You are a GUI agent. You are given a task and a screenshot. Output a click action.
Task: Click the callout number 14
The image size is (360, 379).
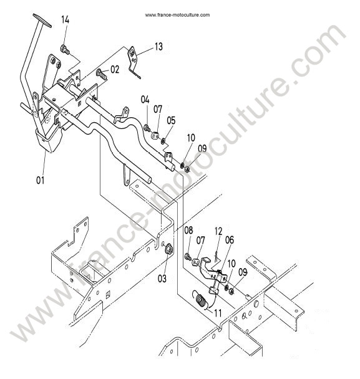pos(65,20)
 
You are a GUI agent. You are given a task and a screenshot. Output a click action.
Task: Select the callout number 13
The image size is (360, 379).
pos(158,46)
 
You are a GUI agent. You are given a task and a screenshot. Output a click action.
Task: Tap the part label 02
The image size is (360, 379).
pos(115,70)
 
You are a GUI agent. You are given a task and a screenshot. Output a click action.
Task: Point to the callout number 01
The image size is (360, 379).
pos(41,180)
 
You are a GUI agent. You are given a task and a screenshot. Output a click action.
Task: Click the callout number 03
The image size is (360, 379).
pos(162,279)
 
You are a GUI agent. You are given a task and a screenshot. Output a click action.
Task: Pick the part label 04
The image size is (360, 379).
pos(145,100)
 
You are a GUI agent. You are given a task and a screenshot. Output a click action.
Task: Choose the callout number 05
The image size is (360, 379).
pos(171,120)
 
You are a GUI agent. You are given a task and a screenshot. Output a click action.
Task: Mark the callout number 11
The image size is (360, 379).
pos(218,314)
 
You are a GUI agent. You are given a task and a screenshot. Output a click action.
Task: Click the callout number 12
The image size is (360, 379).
pos(218,231)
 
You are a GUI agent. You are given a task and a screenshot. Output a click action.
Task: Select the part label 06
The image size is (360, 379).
pos(230,240)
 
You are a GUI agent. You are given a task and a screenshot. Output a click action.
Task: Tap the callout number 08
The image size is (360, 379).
pos(188,231)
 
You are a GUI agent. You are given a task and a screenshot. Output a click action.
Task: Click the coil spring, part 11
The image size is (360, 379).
pos(200,300)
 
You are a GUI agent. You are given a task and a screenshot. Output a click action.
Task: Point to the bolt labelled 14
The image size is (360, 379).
pos(64,49)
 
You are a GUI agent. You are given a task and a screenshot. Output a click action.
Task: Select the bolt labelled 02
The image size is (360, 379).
pos(102,74)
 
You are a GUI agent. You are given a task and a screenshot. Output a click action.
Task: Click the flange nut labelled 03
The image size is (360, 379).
pos(168,249)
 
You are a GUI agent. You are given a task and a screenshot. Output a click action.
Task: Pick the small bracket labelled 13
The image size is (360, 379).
pos(133,60)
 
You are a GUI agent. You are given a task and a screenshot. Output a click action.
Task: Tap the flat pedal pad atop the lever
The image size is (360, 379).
pos(42,21)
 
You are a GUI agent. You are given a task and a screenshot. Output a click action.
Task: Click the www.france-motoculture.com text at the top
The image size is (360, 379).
pos(177,15)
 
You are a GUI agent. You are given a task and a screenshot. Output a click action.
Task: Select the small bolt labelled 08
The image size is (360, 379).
pos(188,256)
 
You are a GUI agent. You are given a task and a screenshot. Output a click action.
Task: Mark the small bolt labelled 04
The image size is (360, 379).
pos(147,128)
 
